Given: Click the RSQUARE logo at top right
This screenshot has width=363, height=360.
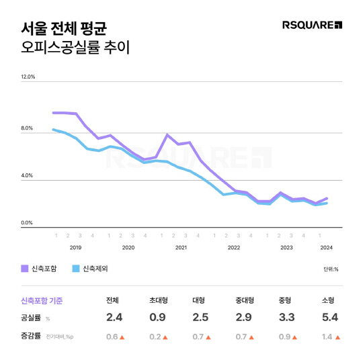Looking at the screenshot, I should tap(313, 26).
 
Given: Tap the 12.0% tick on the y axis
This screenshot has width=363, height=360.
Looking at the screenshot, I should tap(28, 77).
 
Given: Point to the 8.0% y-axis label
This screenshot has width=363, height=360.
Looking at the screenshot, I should tap(28, 128).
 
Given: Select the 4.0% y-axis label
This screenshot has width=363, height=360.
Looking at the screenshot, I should tap(28, 176).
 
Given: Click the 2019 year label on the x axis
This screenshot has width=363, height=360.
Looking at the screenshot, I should tap(75, 247).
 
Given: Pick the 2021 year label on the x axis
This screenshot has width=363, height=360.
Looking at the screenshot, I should tap(180, 247).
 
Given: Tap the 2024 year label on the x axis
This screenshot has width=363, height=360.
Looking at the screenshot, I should tap(326, 247).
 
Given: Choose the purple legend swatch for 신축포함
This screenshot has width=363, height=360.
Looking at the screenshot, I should tap(25, 269).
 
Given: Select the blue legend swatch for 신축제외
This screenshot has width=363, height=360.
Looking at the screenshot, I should tap(76, 269).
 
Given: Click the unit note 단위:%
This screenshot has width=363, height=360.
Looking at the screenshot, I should tap(331, 270).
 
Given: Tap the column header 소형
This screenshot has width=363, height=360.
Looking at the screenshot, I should tap(329, 300).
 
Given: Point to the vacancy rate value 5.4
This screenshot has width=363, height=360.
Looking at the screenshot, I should tap(329, 318).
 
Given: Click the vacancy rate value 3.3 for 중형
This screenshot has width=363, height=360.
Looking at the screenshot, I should tap(286, 318).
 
